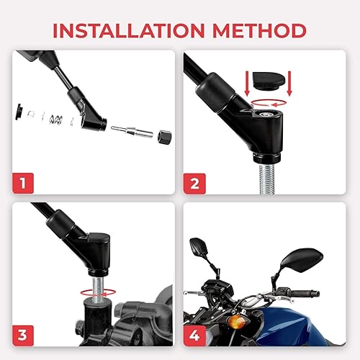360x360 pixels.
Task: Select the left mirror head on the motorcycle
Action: click(x=199, y=248)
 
